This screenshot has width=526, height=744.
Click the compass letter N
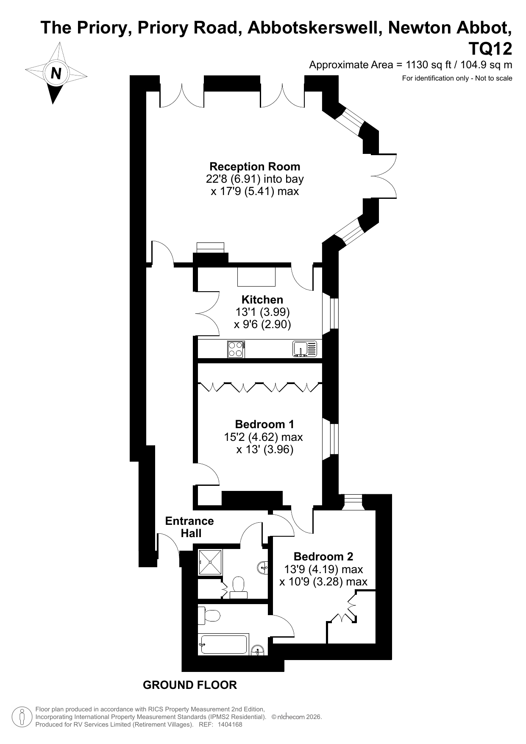pos(56,73)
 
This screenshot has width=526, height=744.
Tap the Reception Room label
pos(255,167)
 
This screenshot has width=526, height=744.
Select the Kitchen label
pos(262,300)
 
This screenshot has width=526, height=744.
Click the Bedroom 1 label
pos(264,424)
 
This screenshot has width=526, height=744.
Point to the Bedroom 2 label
pos(323,557)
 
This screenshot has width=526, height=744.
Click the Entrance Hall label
pos(189,527)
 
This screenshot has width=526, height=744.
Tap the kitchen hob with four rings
pos(236,349)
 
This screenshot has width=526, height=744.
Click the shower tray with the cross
pos(210,562)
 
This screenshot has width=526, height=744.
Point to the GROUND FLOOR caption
pos(189,685)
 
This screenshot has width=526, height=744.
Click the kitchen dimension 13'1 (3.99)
pos(262,312)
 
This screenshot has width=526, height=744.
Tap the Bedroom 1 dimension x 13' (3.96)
pos(264,449)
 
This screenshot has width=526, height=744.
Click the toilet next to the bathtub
pos(209,615)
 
